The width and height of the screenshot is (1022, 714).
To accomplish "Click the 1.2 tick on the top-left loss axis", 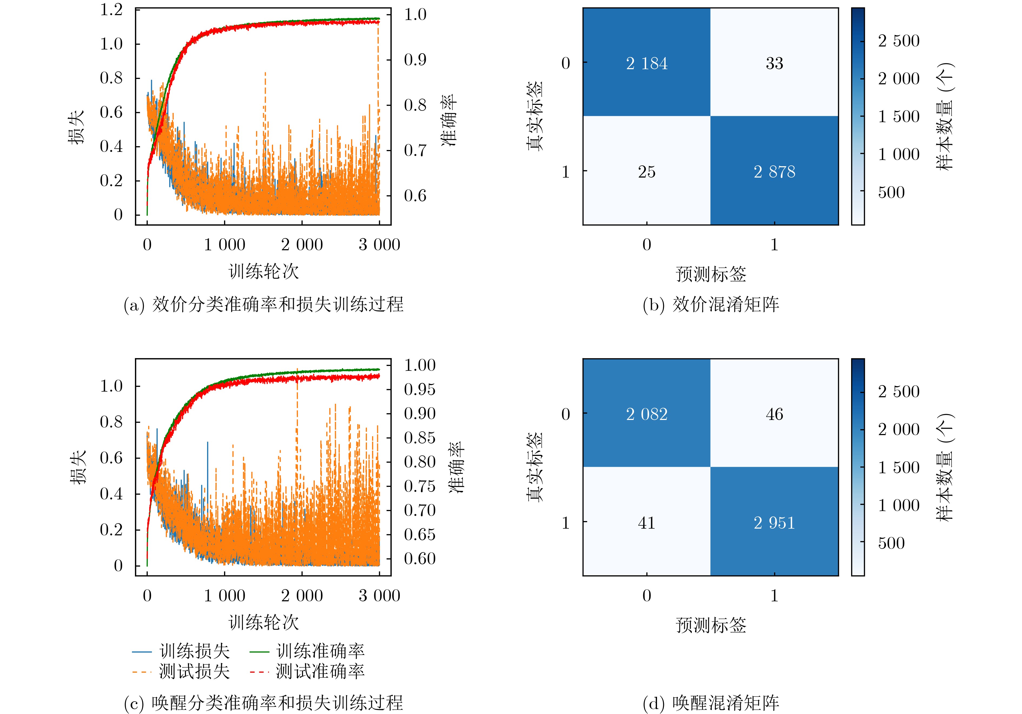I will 111,10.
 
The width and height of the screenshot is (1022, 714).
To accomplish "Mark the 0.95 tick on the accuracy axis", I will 419,390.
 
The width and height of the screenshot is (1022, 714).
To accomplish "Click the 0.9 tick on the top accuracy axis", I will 415,60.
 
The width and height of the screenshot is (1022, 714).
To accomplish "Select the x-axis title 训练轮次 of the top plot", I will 264,271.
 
